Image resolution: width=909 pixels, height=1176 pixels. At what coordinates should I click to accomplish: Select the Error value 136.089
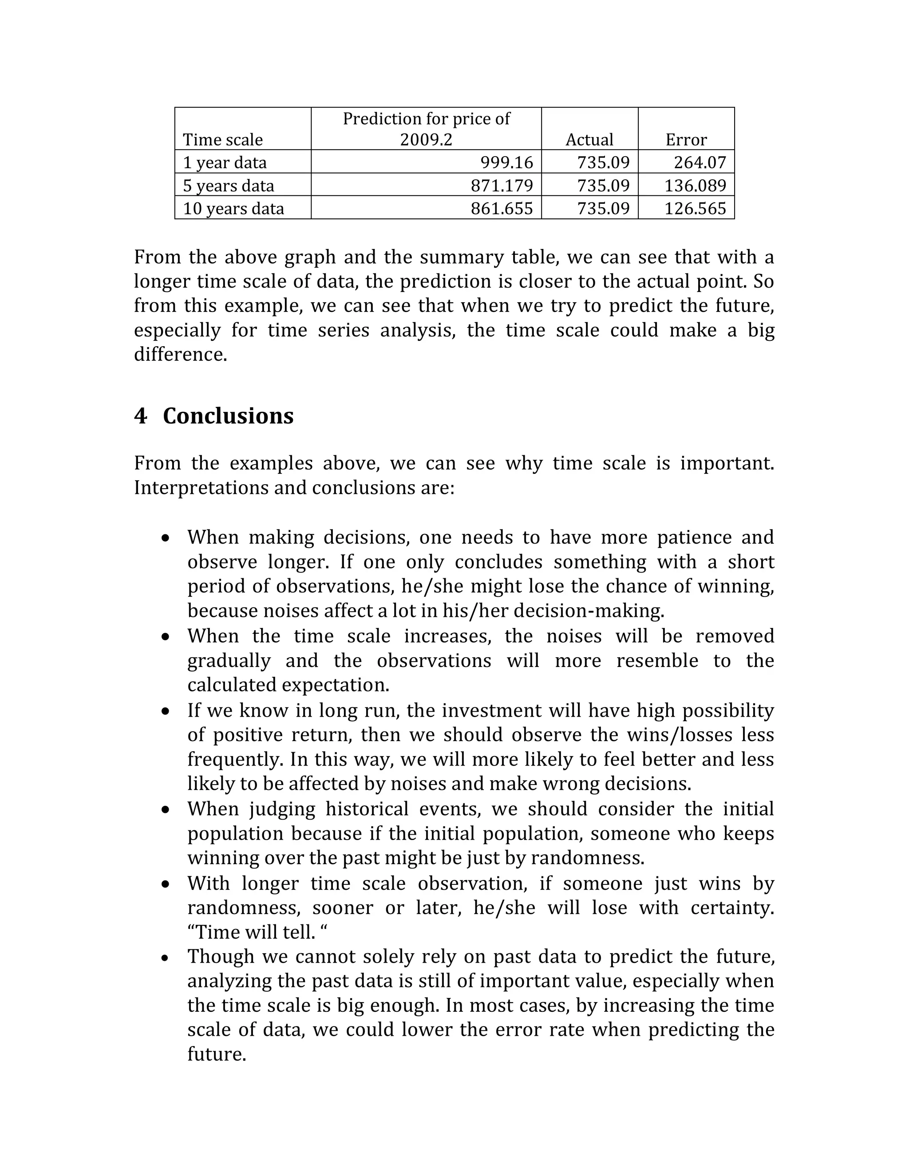[x=695, y=185]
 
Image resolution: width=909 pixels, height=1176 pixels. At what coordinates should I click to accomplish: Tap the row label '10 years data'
[x=233, y=209]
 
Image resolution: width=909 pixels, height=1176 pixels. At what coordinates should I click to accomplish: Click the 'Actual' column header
[x=589, y=139]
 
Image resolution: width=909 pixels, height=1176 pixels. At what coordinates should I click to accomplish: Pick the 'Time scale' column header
[x=222, y=139]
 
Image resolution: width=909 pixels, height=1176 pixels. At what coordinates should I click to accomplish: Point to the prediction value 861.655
[x=502, y=209]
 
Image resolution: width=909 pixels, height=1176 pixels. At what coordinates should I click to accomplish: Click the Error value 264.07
[x=700, y=162]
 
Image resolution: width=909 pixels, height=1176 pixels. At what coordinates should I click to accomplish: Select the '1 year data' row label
[x=225, y=162]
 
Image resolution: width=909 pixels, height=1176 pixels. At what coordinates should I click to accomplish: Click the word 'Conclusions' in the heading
[x=228, y=416]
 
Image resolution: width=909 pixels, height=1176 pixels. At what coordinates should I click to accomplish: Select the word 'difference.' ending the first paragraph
[x=180, y=354]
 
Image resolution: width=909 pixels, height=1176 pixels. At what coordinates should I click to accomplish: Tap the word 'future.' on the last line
[x=217, y=1054]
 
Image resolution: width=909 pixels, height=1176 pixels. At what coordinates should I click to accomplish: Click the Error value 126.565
[x=695, y=209]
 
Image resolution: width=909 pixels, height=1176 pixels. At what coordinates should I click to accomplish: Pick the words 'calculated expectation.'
[x=288, y=685]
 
